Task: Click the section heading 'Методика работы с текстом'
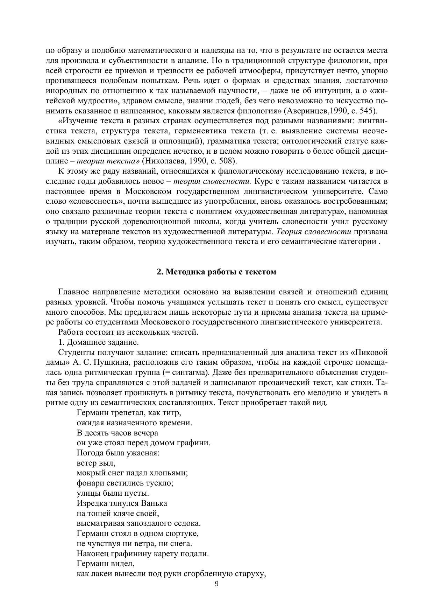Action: (221, 272)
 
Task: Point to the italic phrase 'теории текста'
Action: (107, 161)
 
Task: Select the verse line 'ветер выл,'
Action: (96, 463)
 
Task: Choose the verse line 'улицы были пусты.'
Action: (113, 493)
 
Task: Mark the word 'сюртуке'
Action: (184, 534)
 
